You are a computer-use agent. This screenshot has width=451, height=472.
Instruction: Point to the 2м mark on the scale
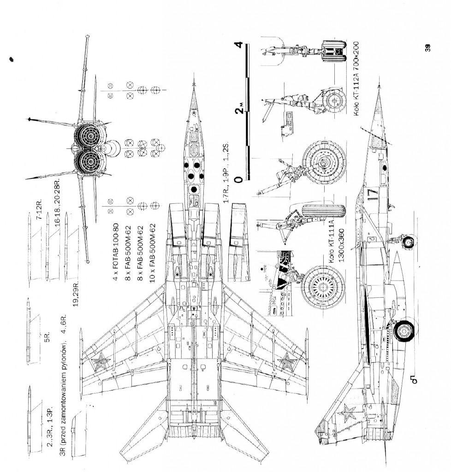[239, 110]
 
